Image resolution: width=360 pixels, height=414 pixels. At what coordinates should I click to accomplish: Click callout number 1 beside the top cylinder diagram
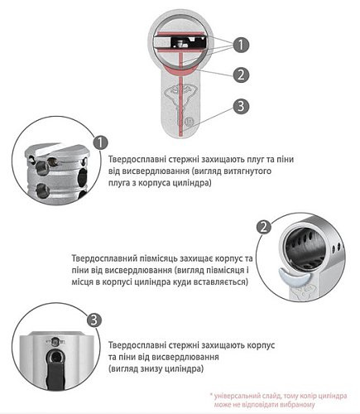click(x=239, y=44)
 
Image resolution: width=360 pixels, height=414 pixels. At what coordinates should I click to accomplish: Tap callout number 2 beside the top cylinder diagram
click(x=239, y=75)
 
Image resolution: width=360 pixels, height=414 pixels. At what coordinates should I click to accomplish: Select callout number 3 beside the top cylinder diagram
click(x=239, y=106)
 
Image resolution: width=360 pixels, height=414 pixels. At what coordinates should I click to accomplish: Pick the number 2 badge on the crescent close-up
click(x=264, y=226)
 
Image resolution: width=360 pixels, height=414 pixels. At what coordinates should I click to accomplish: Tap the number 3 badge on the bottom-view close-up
click(x=94, y=320)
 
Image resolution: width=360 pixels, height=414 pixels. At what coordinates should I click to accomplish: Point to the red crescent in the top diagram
click(x=180, y=75)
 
